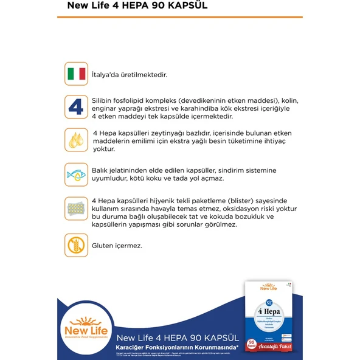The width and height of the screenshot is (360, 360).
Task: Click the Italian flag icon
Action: (76, 74)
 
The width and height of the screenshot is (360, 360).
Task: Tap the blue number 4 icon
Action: (76, 107)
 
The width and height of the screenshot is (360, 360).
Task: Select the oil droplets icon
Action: (76, 140)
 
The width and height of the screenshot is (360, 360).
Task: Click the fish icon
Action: (76, 175)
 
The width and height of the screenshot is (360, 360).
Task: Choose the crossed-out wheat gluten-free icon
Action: (76, 245)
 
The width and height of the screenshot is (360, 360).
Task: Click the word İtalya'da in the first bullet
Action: (105, 75)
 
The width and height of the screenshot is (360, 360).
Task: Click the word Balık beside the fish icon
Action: (102, 170)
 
